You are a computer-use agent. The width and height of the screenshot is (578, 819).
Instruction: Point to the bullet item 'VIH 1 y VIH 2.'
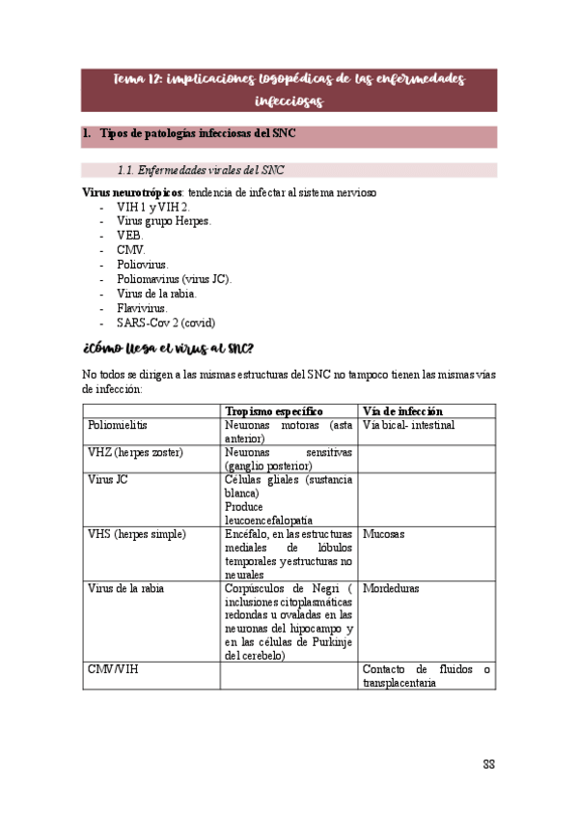tap(152, 207)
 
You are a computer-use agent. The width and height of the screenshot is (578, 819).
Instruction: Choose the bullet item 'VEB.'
tap(129, 235)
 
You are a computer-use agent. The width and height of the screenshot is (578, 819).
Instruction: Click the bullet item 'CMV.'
tap(130, 249)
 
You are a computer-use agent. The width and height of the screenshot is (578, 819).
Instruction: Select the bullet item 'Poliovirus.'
tap(142, 264)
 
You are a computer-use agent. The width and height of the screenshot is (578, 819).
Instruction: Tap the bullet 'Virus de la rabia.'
tap(156, 293)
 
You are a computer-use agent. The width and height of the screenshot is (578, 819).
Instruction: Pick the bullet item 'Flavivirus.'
tap(142, 307)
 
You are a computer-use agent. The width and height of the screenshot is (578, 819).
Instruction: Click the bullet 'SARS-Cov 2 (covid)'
tap(166, 322)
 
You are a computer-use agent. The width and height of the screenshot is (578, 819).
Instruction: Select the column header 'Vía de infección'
tap(402, 410)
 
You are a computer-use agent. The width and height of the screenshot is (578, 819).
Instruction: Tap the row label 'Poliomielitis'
tap(118, 425)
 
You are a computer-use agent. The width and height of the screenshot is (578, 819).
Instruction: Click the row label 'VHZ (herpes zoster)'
tap(136, 452)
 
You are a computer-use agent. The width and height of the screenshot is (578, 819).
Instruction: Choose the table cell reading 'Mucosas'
tap(383, 533)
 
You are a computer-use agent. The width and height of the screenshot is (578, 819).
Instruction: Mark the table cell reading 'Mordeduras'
tap(391, 587)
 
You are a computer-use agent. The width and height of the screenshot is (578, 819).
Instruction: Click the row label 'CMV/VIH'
tap(113, 668)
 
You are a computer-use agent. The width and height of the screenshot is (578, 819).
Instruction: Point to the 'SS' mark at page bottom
tap(489, 765)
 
